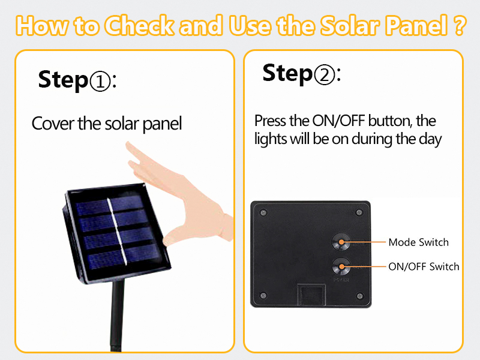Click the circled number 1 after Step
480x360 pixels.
[x=100, y=81]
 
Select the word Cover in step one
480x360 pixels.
[x=53, y=124]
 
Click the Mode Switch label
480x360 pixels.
[x=418, y=242]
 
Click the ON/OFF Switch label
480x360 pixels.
[x=424, y=266]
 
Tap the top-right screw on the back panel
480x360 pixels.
[x=359, y=211]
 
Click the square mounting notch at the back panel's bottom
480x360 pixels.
[x=310, y=294]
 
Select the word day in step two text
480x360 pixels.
[x=432, y=139]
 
